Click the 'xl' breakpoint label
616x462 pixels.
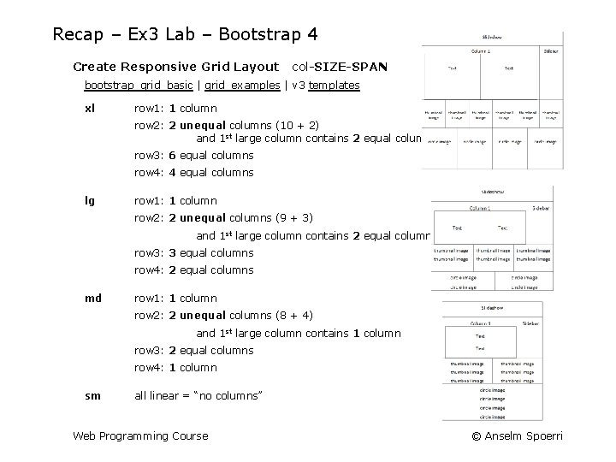point(90,109)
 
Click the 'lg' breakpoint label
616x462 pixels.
point(90,201)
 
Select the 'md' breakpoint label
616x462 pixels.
point(92,299)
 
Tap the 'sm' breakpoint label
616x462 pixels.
point(92,396)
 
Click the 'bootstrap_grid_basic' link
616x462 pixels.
point(139,86)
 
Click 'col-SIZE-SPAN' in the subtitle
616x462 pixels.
point(340,66)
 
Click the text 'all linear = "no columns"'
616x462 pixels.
point(198,396)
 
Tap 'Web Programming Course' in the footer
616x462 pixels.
point(140,436)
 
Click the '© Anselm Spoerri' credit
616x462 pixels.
point(517,436)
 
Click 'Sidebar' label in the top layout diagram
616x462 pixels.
point(551,51)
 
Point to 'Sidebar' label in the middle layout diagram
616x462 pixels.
point(542,208)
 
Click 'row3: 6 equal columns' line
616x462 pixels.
point(194,156)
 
